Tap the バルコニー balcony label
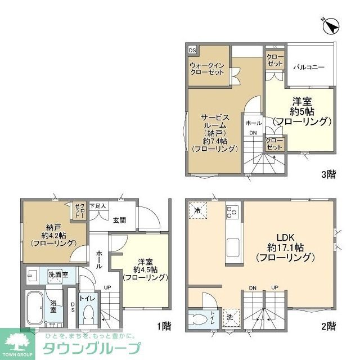tap(309, 67)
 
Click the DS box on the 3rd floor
tap(192, 50)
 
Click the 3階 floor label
tap(328, 174)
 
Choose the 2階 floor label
tap(329, 326)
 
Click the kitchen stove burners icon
tap(232, 211)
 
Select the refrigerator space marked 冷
tap(197, 209)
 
